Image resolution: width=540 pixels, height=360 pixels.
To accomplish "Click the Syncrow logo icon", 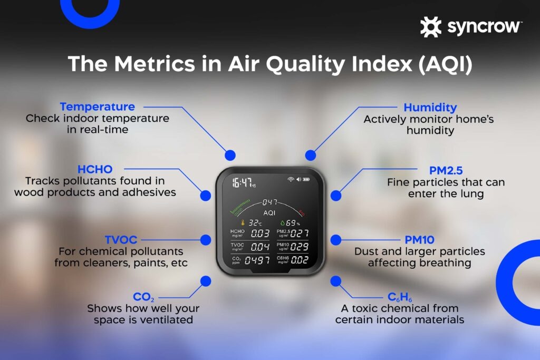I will click(430, 27).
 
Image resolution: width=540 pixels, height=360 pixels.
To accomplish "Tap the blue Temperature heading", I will click(97, 107).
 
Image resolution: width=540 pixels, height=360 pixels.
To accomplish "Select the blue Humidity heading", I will click(430, 107).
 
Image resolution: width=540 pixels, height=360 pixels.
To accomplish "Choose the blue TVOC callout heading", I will click(121, 240).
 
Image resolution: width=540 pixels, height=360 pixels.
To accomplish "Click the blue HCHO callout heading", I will click(95, 170).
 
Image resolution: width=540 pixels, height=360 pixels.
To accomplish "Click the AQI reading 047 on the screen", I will click(270, 202).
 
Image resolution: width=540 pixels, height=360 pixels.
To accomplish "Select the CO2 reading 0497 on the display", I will click(257, 260).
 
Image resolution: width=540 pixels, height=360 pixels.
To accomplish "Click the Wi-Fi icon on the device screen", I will click(290, 180).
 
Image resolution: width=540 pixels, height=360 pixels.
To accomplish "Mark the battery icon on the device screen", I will click(305, 180).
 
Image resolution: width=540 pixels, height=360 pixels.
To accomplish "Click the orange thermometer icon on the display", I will click(243, 223).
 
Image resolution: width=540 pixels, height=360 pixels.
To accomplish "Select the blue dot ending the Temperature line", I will click(229, 155).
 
